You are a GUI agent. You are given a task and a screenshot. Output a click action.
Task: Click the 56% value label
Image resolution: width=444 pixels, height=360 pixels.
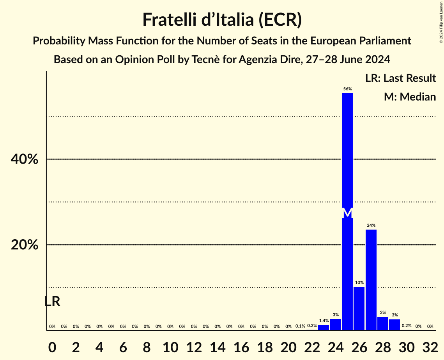coord(347,89)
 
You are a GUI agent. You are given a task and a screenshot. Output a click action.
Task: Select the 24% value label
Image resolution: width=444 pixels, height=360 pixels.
coord(371,225)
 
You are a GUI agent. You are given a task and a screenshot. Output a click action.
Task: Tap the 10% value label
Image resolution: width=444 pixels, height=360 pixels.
coord(359,282)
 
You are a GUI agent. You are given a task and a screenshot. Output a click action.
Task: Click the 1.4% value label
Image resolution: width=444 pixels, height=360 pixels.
coord(324,321)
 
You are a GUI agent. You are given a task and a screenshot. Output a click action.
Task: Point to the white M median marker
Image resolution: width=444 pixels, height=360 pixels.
coord(347,213)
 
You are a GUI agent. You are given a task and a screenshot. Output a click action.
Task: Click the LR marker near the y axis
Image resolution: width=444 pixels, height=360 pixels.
coord(52,301)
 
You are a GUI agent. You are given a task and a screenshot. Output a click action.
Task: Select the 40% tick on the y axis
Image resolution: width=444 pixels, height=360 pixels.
coord(24,159)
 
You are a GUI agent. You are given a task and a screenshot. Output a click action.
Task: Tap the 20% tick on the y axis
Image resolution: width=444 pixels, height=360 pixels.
coord(24,245)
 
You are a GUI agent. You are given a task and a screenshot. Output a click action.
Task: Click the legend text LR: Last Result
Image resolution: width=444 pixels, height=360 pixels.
coord(400,78)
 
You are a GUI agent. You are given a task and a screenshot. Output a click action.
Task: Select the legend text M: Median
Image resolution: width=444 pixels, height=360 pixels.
coord(410,97)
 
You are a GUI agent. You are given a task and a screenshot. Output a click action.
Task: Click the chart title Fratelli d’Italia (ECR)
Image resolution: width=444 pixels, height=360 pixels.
coord(222,19)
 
